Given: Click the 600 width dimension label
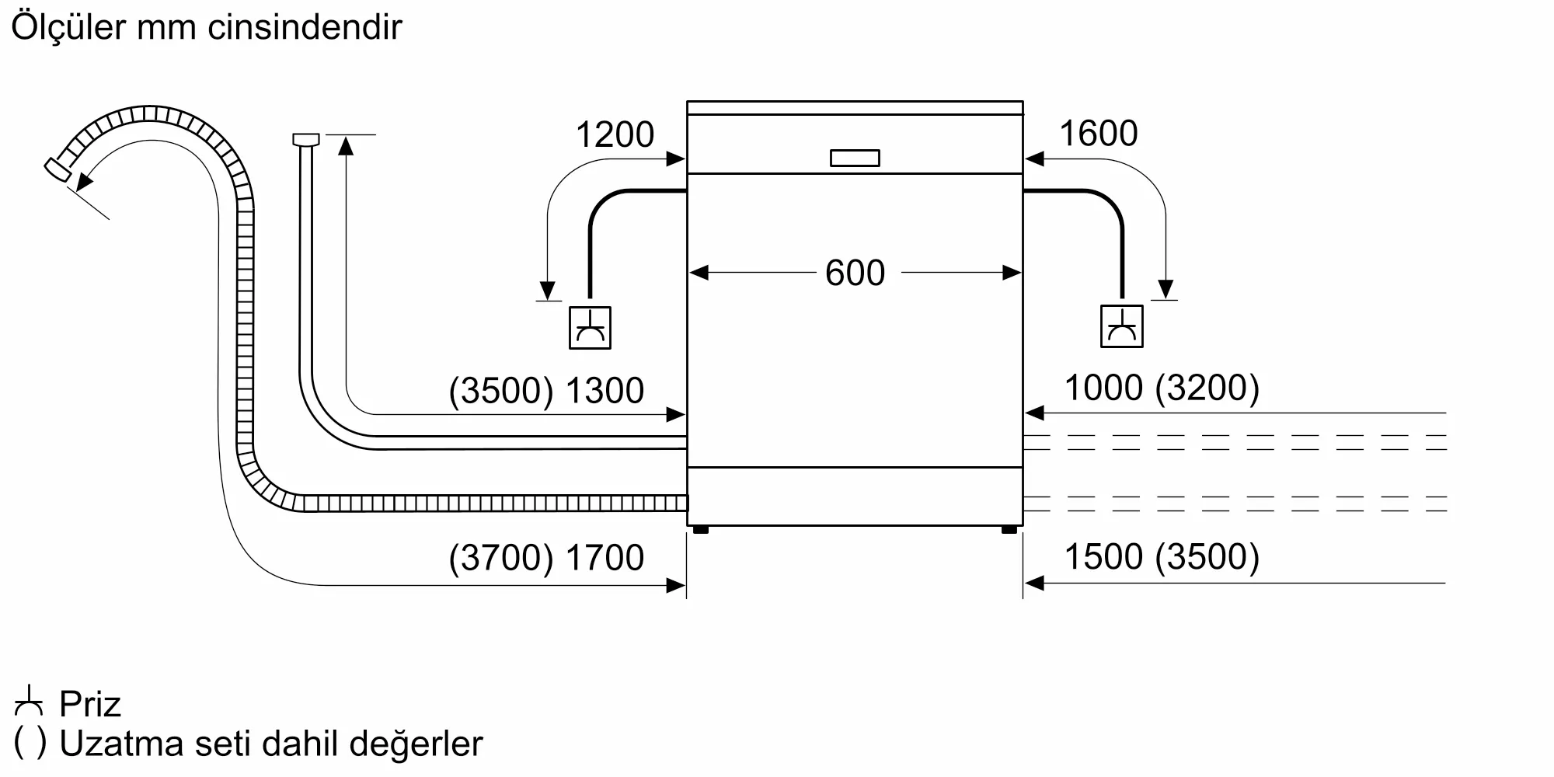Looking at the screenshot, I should tap(855, 274).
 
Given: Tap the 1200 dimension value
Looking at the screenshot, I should tap(615, 135).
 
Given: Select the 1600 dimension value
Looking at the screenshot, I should tap(1098, 134).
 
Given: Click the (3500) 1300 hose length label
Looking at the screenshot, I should tap(546, 390).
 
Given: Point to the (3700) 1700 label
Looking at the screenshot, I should tap(546, 558).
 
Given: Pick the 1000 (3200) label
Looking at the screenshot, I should tap(1161, 388).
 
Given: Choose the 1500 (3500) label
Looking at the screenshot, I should tap(1161, 557).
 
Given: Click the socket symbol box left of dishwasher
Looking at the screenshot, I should tap(590, 327).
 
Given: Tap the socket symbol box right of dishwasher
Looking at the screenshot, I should tap(1121, 326).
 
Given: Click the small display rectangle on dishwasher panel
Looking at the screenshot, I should tap(855, 158).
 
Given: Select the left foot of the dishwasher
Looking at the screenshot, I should tap(700, 530).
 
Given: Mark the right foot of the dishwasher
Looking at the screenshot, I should tap(1009, 530).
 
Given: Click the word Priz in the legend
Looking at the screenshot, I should tap(90, 705).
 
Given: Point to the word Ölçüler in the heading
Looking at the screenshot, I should tap(68, 28).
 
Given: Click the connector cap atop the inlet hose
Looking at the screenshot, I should tap(306, 140).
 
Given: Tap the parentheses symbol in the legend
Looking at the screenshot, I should tap(30, 744).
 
